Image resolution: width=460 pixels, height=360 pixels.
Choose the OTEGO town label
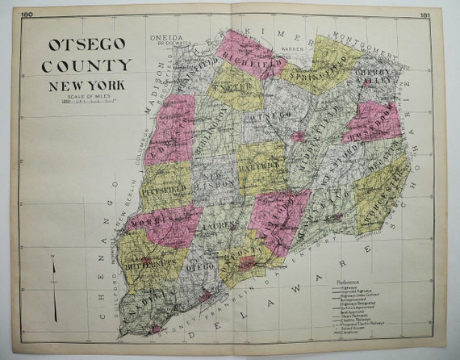[202, 260]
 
